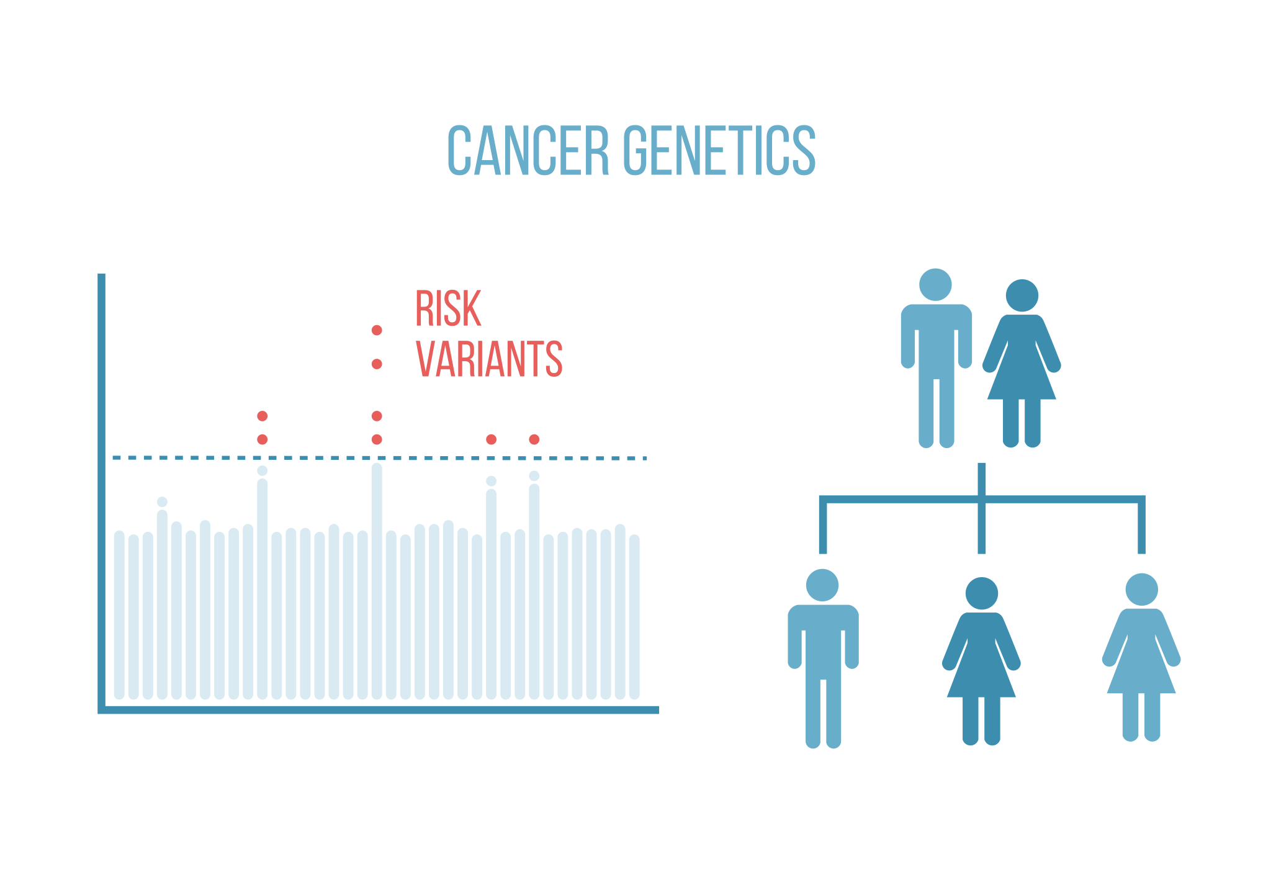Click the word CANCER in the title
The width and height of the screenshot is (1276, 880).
pyautogui.click(x=528, y=150)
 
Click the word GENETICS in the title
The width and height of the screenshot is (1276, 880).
pyautogui.click(x=719, y=150)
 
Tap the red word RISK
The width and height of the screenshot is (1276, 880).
pyautogui.click(x=448, y=308)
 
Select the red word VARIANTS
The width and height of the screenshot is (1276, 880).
pyautogui.click(x=489, y=359)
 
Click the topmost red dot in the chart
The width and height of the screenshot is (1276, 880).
pyautogui.click(x=377, y=330)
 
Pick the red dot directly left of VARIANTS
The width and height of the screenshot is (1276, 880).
pyautogui.click(x=377, y=364)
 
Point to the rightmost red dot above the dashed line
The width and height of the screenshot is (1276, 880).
pyautogui.click(x=534, y=439)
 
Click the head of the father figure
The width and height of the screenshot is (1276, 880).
pyautogui.click(x=935, y=285)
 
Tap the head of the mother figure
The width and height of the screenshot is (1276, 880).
pyautogui.click(x=1022, y=295)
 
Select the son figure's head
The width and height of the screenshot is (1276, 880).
pyautogui.click(x=822, y=585)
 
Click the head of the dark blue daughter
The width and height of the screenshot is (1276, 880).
pyautogui.click(x=982, y=593)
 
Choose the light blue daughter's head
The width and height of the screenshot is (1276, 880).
pyautogui.click(x=1142, y=590)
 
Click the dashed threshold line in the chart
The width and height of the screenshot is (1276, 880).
pyautogui.click(x=380, y=458)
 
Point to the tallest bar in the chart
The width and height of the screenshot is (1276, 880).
pyautogui.click(x=377, y=581)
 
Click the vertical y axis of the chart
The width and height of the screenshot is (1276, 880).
pyautogui.click(x=102, y=493)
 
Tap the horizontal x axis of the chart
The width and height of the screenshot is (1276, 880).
pyautogui.click(x=379, y=710)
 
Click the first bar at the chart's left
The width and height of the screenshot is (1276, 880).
pyautogui.click(x=119, y=615)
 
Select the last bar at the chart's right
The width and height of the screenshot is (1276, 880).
pyautogui.click(x=634, y=617)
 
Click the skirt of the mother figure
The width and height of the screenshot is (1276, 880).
pyautogui.click(x=1022, y=372)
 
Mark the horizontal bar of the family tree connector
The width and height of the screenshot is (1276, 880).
pyautogui.click(x=982, y=499)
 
